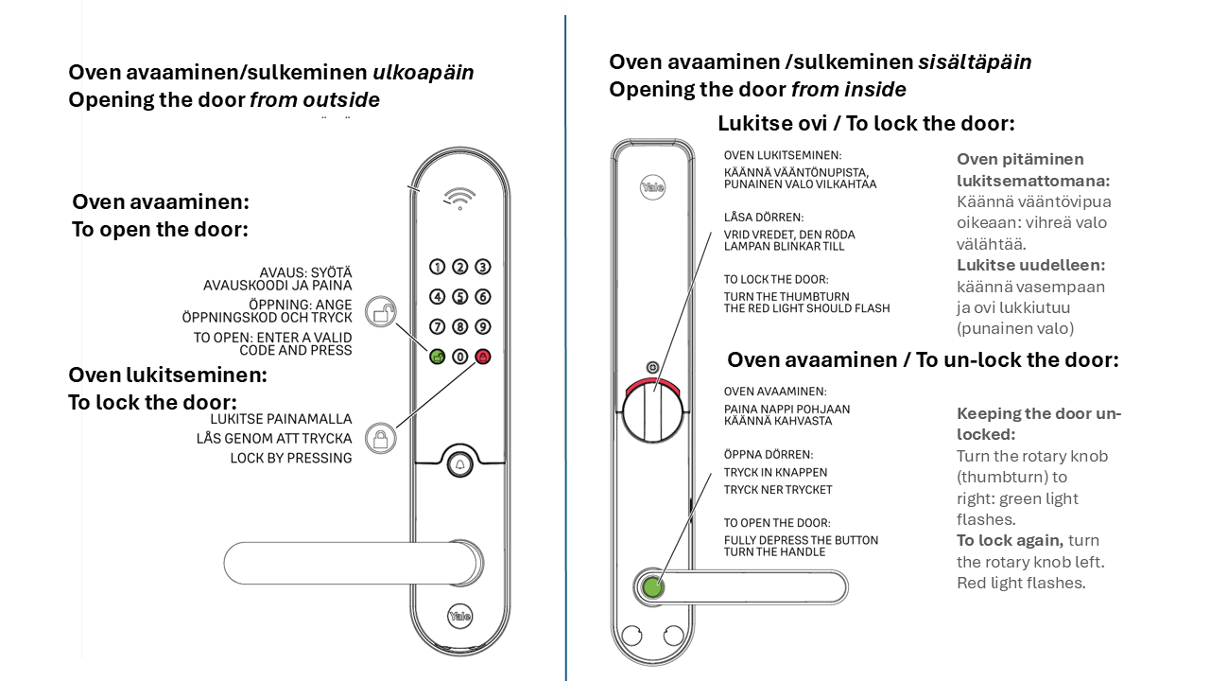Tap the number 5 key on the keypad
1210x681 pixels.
pyautogui.click(x=460, y=297)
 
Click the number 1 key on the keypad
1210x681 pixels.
pyautogui.click(x=437, y=268)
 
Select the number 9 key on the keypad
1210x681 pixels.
pyautogui.click(x=483, y=327)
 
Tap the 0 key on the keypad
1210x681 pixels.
pyautogui.click(x=460, y=358)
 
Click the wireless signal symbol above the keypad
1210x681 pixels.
pyautogui.click(x=460, y=198)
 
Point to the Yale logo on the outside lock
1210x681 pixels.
pyautogui.click(x=460, y=616)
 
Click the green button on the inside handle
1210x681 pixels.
pyautogui.click(x=652, y=586)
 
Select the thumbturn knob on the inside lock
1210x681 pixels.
pyautogui.click(x=650, y=412)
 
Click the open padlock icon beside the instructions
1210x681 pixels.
pyautogui.click(x=380, y=311)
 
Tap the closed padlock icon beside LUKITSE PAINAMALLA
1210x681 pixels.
pyautogui.click(x=380, y=438)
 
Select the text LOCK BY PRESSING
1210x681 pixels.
pyautogui.click(x=291, y=458)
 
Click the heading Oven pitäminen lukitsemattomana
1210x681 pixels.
pyautogui.click(x=1033, y=169)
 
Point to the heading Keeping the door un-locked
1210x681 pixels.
pyautogui.click(x=1039, y=424)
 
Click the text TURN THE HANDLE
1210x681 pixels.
pyautogui.click(x=774, y=551)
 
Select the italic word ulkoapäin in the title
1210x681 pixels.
pyautogui.click(x=423, y=73)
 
